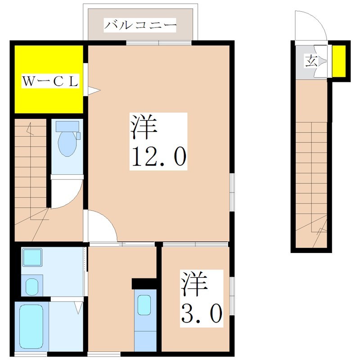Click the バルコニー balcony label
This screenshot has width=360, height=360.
coord(139,24)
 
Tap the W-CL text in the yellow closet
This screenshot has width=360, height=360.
coord(51,82)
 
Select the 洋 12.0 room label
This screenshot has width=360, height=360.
coord(158,141)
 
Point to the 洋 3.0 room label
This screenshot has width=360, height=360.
coord(202,297)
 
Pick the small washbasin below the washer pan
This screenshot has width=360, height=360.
coord(32,285)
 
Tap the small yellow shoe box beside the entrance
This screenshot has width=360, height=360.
coord(339,61)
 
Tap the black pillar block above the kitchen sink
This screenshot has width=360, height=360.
coord(144,284)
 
